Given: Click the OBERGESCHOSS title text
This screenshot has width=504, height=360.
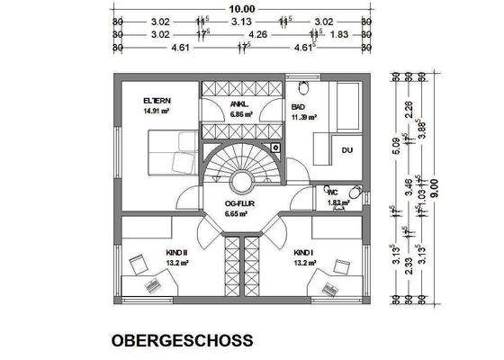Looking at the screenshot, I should tap(182, 341).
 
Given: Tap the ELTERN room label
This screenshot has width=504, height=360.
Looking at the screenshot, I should tap(157, 100).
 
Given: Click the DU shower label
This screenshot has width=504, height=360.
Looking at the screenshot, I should tap(346, 149).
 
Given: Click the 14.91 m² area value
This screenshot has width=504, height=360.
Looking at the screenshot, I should tap(157, 112).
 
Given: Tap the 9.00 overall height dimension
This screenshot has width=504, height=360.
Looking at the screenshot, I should tap(434, 187).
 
